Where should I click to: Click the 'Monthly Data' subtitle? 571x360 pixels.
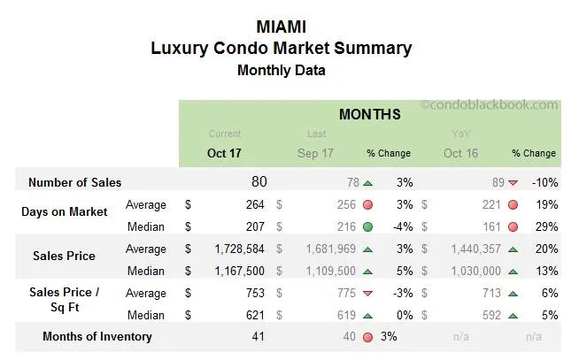[281, 70]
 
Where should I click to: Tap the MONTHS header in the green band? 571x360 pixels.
[369, 114]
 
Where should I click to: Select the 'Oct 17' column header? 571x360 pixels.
[225, 152]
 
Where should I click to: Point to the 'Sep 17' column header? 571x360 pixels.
[315, 152]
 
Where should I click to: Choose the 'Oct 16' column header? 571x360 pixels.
[460, 152]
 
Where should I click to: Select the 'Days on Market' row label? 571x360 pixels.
[65, 211]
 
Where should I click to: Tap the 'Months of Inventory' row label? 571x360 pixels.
[97, 336]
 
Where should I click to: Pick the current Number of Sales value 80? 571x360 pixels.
[258, 182]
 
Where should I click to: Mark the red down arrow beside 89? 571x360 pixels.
[513, 182]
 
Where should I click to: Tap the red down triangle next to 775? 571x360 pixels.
[367, 293]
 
